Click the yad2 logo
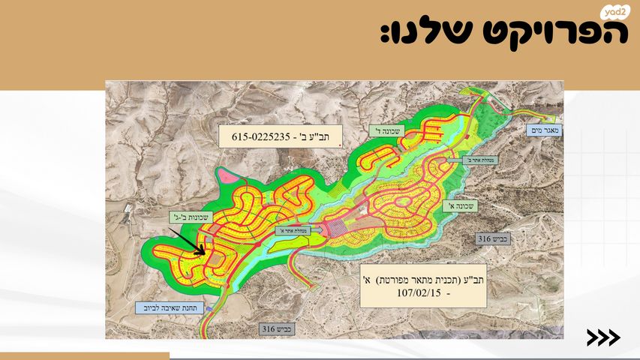[x=613, y=13]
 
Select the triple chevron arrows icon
[x=603, y=338]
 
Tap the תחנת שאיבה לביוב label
[x=163, y=307]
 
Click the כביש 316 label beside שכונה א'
[x=492, y=239]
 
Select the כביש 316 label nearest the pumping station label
[x=278, y=328]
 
